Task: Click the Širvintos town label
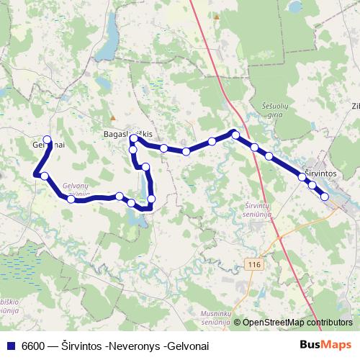pyautogui.click(x=320, y=174)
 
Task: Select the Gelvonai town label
pyautogui.click(x=49, y=145)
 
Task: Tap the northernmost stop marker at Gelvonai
pyautogui.click(x=48, y=140)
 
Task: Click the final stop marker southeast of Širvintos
pyautogui.click(x=325, y=196)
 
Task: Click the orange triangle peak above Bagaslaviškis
pyautogui.click(x=112, y=117)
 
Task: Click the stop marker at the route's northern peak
pyautogui.click(x=235, y=134)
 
